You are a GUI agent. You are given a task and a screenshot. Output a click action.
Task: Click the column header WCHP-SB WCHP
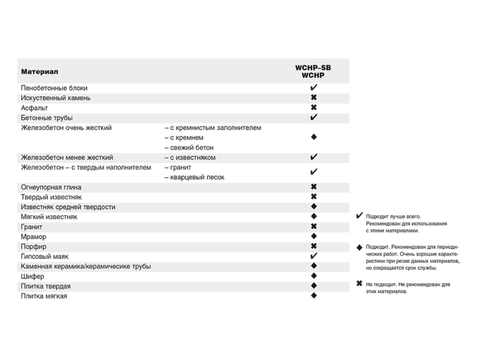(313, 71)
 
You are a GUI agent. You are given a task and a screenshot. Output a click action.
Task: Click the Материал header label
(40, 71)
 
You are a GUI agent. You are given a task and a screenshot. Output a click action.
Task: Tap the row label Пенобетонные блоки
(55, 88)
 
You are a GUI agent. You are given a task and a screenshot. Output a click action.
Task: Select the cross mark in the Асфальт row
(313, 107)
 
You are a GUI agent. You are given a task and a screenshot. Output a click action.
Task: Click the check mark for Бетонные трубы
(313, 117)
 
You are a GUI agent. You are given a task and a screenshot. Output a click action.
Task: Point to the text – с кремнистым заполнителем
(212, 128)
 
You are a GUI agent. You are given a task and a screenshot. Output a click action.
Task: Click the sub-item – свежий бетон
(188, 148)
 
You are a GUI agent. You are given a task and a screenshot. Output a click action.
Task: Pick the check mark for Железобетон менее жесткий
(313, 157)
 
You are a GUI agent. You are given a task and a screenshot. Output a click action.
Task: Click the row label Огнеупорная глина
(51, 187)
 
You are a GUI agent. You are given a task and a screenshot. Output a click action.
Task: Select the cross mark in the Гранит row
(313, 226)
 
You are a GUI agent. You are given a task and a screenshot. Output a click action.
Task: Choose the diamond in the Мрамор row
(313, 236)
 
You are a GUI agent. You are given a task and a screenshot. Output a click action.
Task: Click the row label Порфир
(34, 247)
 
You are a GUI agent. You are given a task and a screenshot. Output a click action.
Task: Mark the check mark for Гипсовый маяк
(313, 256)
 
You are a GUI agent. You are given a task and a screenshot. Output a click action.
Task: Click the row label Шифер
(32, 276)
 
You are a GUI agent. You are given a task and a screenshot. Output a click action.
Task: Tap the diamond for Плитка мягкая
(313, 296)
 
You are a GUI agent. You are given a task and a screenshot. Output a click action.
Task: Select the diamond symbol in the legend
(359, 247)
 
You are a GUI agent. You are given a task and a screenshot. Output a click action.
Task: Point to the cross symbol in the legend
(359, 284)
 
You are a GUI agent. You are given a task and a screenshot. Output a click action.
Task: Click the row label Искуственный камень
(56, 98)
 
